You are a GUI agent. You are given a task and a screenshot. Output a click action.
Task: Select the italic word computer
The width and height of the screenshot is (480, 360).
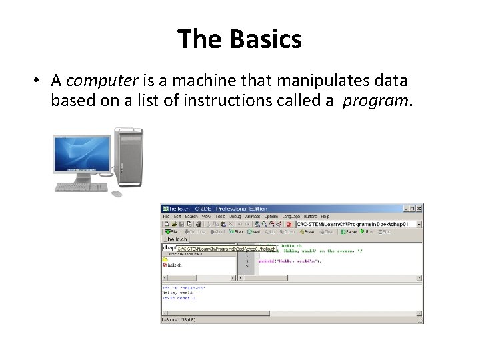101,81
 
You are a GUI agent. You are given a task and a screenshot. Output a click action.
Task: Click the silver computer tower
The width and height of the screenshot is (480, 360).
128,157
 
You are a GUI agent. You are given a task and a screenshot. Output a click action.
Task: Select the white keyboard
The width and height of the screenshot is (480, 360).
81,187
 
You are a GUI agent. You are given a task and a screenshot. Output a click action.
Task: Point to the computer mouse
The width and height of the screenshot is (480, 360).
117,194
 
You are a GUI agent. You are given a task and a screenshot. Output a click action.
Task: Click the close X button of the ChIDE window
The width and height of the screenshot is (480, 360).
419,208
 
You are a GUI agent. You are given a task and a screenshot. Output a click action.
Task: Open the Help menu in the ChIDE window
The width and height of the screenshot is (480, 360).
325,217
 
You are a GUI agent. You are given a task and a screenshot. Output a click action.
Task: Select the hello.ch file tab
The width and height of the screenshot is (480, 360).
176,239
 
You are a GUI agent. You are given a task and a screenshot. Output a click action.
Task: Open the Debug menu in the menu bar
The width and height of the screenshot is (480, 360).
235,217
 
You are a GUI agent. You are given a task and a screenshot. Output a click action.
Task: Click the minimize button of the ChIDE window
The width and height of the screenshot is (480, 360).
403,208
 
